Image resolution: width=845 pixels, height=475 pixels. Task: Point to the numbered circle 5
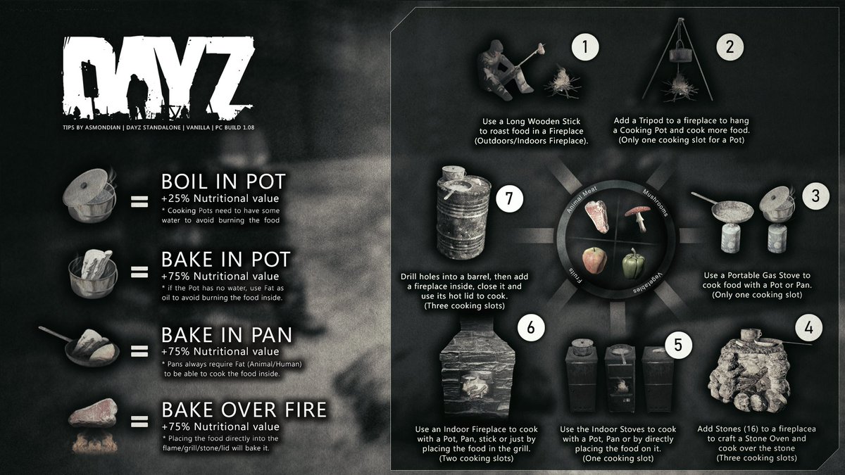[x=677, y=345]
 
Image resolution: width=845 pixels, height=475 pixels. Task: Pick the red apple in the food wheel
[x=593, y=262]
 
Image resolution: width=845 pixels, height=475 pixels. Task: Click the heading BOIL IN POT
[x=223, y=181]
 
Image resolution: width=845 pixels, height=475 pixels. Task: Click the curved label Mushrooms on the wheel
[x=657, y=203]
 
